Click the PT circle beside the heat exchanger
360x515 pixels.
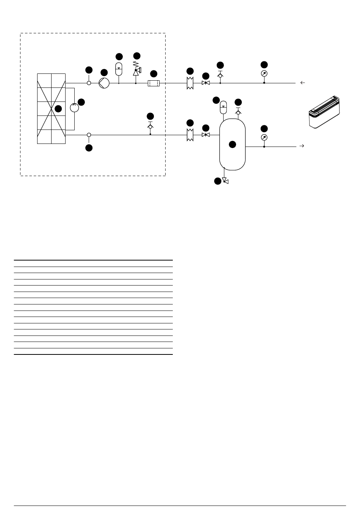[74, 108]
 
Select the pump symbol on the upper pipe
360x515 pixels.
[104, 83]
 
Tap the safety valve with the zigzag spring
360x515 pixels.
[136, 70]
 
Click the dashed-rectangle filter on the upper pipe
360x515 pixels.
[153, 83]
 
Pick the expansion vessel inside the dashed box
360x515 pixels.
[119, 69]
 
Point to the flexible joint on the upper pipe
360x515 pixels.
[190, 83]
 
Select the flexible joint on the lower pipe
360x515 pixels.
[190, 134]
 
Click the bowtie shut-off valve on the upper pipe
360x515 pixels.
[206, 83]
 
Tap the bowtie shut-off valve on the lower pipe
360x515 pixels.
[206, 135]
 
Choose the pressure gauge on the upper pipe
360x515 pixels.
[264, 73]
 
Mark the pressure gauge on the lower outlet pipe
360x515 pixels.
[264, 137]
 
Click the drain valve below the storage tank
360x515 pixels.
[225, 181]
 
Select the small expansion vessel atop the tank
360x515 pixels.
[223, 107]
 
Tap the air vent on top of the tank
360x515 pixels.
[238, 111]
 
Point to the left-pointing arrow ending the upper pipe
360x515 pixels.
[302, 83]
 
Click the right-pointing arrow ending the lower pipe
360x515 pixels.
[302, 146]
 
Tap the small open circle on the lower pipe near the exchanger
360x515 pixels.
[89, 135]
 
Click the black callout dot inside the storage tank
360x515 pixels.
[232, 144]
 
